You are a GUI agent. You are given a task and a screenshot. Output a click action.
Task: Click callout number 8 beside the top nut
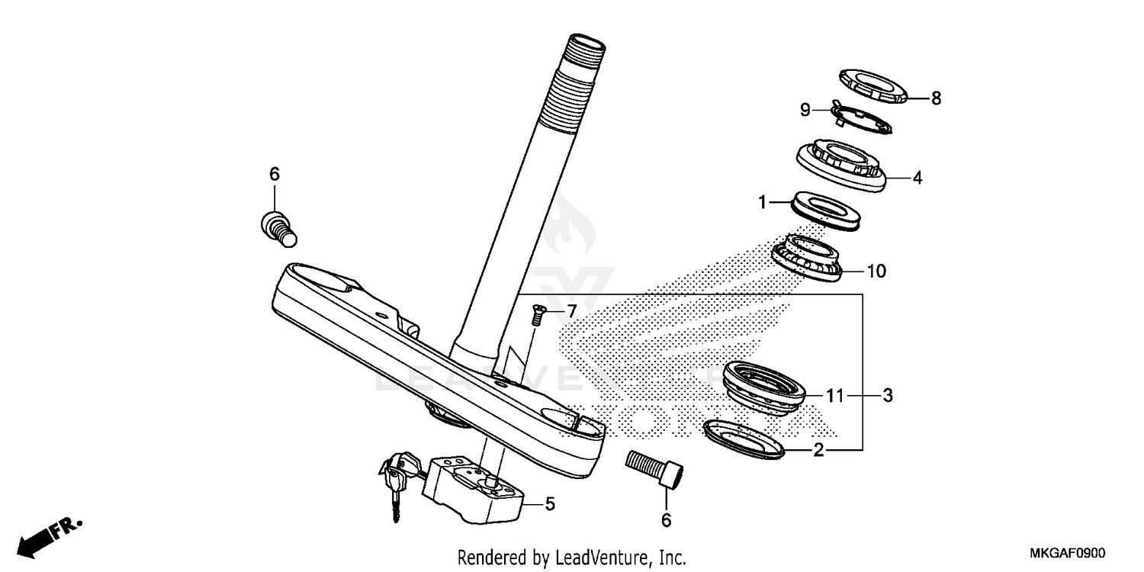[936, 98]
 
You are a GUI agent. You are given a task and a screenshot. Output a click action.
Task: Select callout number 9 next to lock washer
[805, 110]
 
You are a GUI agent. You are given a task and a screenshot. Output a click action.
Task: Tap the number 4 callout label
[917, 178]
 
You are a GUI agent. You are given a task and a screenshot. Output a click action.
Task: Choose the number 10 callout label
[876, 271]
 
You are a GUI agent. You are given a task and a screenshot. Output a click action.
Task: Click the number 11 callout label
[835, 396]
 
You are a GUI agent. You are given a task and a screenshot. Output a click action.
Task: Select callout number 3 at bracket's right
[887, 396]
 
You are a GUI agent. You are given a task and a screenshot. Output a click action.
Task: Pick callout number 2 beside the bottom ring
[818, 451]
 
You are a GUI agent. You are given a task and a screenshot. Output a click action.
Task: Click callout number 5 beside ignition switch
[550, 503]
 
